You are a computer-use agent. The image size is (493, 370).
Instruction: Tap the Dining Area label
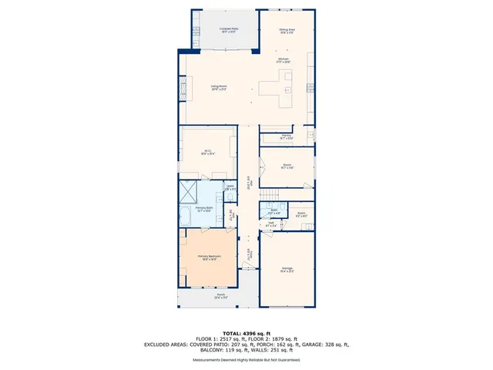pyautogui.click(x=287, y=30)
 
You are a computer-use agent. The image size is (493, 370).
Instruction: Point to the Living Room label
pyautogui.click(x=219, y=87)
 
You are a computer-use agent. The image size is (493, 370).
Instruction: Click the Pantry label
pyautogui.click(x=286, y=136)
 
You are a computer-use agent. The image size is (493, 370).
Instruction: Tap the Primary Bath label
pyautogui.click(x=203, y=209)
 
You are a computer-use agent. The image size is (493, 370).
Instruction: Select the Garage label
pyautogui.click(x=286, y=270)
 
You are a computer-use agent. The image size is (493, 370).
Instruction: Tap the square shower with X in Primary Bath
pyautogui.click(x=190, y=190)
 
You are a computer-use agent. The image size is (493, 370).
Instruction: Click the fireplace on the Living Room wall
pyautogui.click(x=183, y=89)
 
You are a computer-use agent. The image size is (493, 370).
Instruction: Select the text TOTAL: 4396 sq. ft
pyautogui.click(x=246, y=332)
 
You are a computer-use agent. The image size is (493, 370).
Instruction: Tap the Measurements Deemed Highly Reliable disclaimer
pyautogui.click(x=246, y=359)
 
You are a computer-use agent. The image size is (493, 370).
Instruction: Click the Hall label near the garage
pyautogui.click(x=271, y=224)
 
